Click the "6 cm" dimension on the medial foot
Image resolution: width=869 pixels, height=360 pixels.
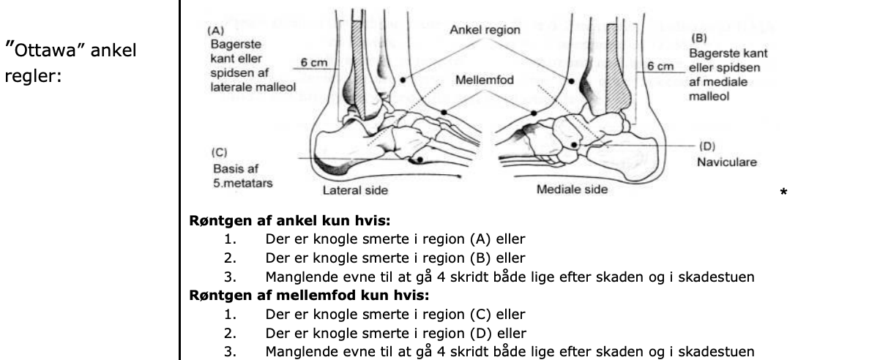657,67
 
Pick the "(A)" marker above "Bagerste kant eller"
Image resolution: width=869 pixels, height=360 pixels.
216,31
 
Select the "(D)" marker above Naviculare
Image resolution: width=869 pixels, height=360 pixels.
709,145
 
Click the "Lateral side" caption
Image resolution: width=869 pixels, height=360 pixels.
356,191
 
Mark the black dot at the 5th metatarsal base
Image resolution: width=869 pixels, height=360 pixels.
419,160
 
